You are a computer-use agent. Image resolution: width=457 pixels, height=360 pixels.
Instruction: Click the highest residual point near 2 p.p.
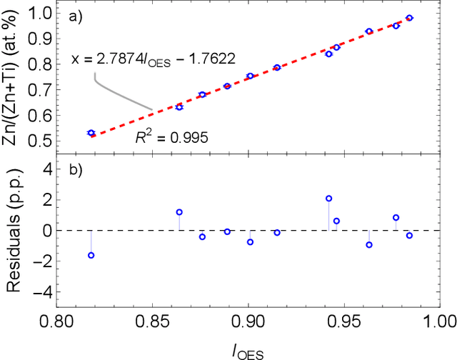pos(328,199)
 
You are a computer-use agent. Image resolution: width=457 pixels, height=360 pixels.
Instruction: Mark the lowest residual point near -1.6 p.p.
pos(91,255)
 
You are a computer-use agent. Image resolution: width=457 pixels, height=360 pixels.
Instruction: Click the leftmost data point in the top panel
pos(91,133)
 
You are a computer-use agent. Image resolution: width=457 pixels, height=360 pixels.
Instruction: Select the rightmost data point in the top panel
pos(409,18)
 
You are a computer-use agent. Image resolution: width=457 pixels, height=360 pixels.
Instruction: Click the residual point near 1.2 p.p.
pos(179,212)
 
